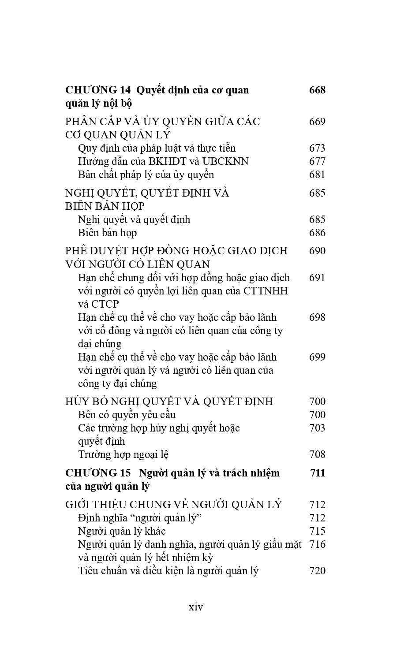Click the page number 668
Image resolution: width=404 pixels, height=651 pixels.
[317, 90]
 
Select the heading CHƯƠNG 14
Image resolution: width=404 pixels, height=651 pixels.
[98, 90]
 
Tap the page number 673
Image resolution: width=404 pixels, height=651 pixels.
[317, 148]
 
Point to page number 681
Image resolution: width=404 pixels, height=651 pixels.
[317, 175]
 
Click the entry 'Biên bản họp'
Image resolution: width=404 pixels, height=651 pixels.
[107, 233]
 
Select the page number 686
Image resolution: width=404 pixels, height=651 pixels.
[317, 233]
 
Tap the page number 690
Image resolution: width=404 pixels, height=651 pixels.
[317, 251]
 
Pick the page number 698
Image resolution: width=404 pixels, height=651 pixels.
[317, 317]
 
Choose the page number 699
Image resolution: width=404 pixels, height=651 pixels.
[317, 357]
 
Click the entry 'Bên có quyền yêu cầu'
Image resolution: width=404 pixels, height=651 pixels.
[127, 415]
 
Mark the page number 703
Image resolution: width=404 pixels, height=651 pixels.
[317, 428]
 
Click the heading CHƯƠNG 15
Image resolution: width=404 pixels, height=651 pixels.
[98, 473]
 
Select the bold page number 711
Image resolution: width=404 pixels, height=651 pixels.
[318, 473]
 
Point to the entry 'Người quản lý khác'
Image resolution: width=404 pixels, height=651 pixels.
[122, 531]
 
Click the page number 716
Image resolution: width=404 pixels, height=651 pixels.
[317, 544]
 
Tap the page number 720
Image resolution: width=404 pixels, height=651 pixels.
[317, 571]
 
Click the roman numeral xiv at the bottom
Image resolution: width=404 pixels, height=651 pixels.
[196, 607]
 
